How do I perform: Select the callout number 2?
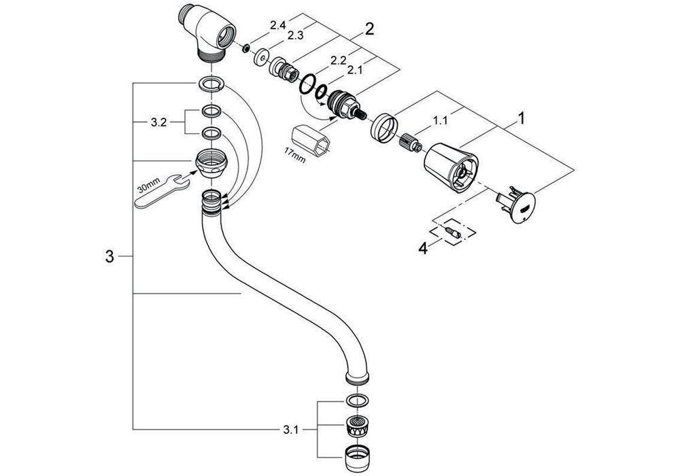369,29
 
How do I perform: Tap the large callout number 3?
109,256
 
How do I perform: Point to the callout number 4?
423,249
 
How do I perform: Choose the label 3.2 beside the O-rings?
158,124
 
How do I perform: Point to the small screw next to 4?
452,234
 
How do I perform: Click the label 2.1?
354,70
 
